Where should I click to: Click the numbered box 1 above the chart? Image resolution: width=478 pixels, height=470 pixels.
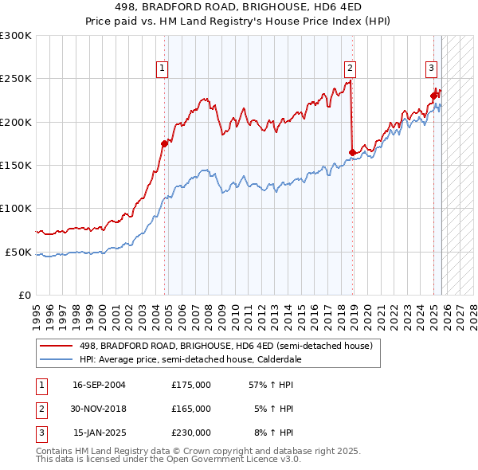click(162, 69)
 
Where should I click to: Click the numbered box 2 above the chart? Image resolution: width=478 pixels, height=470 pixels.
click(350, 69)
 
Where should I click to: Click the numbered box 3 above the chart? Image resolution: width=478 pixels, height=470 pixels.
click(431, 69)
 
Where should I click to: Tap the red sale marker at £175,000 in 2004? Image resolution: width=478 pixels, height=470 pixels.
click(165, 144)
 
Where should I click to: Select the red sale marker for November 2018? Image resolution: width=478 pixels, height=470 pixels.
click(352, 152)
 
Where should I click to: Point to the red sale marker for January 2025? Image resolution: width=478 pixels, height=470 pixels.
click(434, 96)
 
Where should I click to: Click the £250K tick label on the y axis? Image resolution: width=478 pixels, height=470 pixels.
click(16, 79)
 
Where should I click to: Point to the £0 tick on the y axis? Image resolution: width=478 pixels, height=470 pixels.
click(25, 295)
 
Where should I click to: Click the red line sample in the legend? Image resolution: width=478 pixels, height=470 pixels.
click(57, 346)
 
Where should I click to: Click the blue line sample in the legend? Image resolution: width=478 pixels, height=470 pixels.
click(57, 358)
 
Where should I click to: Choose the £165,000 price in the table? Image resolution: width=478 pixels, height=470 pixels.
click(191, 409)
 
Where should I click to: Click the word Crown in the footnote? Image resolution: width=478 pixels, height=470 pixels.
click(190, 451)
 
